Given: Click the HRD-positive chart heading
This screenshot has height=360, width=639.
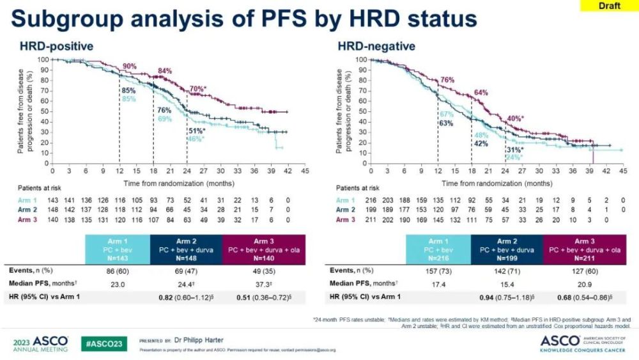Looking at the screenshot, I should pyautogui.click(x=56, y=46).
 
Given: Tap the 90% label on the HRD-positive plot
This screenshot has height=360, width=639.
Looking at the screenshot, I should pyautogui.click(x=130, y=67).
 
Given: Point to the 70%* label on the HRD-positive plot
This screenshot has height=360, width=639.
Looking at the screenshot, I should pyautogui.click(x=199, y=88).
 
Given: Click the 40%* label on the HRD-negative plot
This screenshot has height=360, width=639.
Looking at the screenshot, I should pyautogui.click(x=515, y=118).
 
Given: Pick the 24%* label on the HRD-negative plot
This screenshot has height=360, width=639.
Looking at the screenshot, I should pyautogui.click(x=514, y=157).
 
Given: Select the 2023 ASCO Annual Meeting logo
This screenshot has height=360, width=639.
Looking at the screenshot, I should pyautogui.click(x=40, y=343).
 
